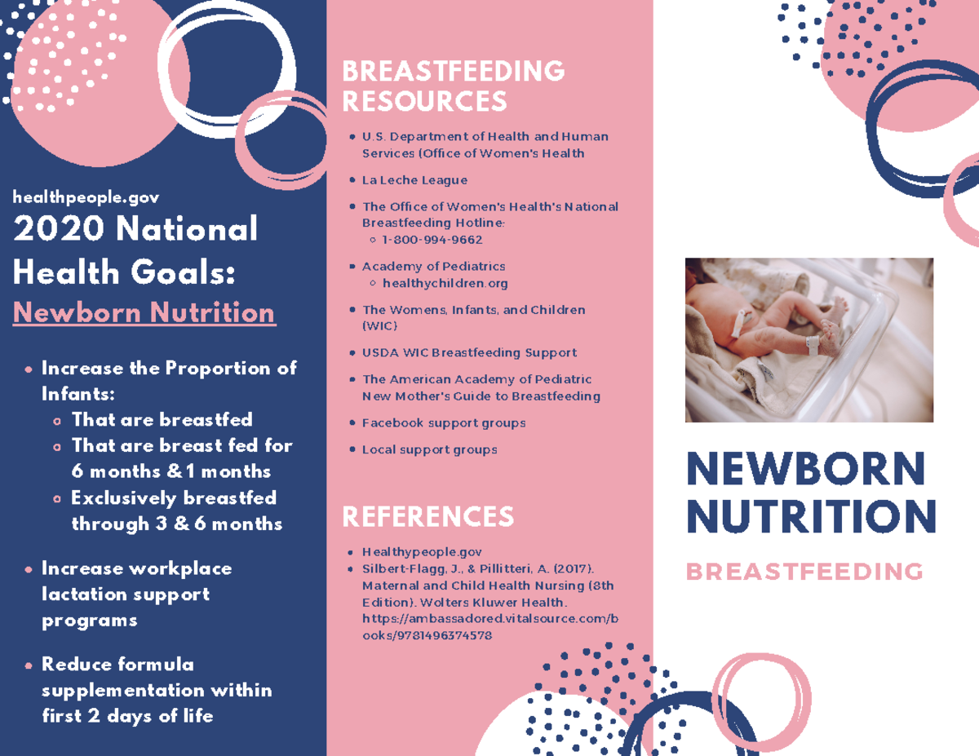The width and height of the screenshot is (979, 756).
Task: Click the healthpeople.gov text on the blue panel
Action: point(86,197)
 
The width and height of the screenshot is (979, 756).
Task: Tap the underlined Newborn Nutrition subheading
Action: point(144,313)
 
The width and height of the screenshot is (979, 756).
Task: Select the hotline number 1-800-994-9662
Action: point(432,240)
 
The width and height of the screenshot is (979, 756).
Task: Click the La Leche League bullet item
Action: point(414,180)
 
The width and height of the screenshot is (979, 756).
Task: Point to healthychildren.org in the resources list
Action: point(445,283)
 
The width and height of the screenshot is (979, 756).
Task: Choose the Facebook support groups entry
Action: point(443,423)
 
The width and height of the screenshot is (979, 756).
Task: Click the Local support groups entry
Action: point(429,449)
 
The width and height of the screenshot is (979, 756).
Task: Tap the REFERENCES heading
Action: point(427,517)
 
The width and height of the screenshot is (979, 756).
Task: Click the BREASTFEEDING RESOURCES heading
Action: point(453,86)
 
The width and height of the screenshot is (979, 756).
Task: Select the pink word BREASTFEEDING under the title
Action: point(804,572)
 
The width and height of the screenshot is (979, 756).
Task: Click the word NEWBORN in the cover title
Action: point(806,469)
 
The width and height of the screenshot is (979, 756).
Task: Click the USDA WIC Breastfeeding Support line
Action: point(469,353)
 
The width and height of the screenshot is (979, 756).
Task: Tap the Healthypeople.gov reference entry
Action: point(422,552)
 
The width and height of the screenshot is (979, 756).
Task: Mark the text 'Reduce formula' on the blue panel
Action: point(117,665)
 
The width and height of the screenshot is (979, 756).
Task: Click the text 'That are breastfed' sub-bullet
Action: point(162,420)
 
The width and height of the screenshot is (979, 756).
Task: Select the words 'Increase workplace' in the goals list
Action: point(136,568)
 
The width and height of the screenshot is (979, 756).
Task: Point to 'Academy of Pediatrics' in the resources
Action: point(433,267)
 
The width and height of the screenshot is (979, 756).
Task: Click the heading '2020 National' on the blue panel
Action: point(135,229)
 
